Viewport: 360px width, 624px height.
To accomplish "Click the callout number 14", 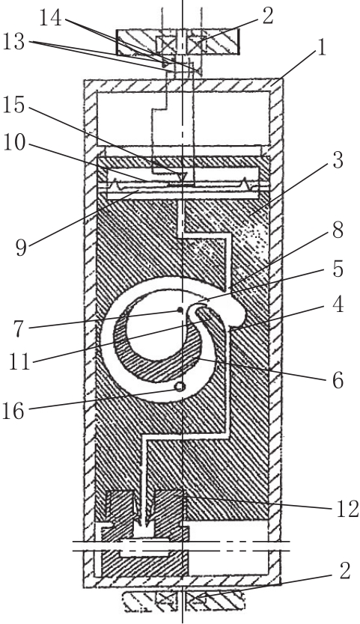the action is click(x=51, y=19).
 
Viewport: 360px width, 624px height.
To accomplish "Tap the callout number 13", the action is click(x=14, y=42).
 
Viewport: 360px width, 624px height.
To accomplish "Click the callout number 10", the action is click(x=14, y=144).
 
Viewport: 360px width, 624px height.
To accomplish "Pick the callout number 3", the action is click(x=338, y=160).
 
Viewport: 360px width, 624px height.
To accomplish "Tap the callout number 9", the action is click(x=20, y=247).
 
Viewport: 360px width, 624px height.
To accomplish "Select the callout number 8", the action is click(x=338, y=230).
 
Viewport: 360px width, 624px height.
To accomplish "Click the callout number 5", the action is click(x=338, y=269).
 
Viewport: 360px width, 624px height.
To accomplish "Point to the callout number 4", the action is click(x=338, y=305).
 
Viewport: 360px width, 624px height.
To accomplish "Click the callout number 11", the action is click(x=20, y=363).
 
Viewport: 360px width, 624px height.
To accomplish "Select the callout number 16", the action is click(x=14, y=411).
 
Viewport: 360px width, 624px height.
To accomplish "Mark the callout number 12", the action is click(x=348, y=510).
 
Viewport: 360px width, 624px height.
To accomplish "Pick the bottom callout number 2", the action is click(x=344, y=572).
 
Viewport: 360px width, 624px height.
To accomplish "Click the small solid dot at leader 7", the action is click(x=180, y=310).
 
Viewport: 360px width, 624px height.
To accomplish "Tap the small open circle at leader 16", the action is click(x=180, y=386).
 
